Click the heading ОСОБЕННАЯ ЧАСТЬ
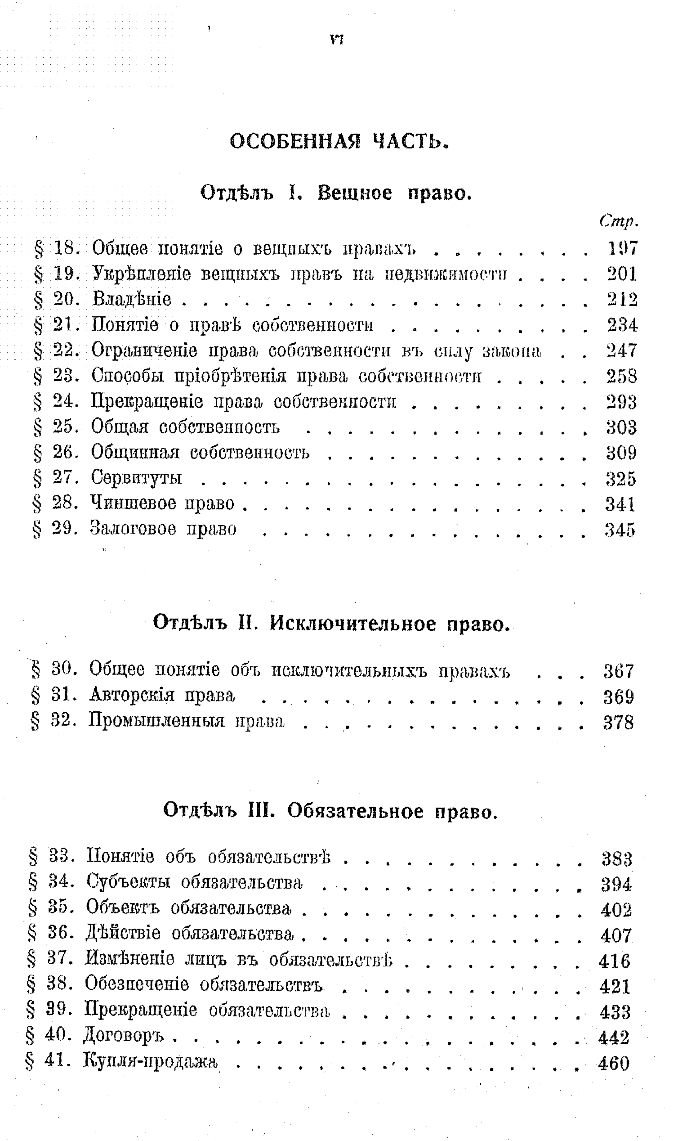(339, 142)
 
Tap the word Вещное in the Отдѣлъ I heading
(355, 193)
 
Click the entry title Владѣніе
(132, 299)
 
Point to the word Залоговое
(133, 529)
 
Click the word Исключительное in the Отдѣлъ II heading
(354, 624)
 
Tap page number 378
(618, 722)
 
